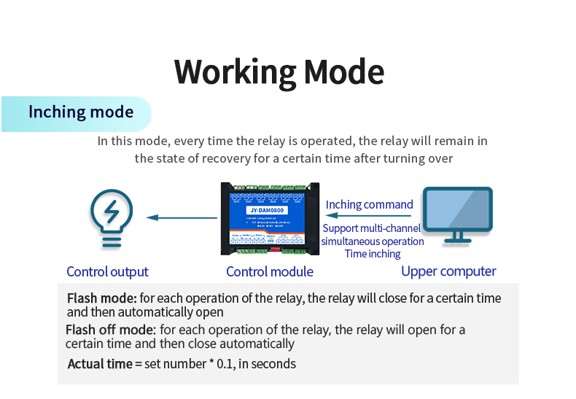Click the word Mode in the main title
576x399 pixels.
click(x=343, y=72)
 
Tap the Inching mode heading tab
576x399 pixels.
click(x=80, y=112)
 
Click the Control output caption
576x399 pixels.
click(x=107, y=272)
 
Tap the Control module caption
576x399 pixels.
click(x=270, y=272)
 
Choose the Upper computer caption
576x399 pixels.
click(x=448, y=271)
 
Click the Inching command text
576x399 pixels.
click(x=369, y=205)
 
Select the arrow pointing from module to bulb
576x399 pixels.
click(x=182, y=217)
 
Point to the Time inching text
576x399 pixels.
click(x=373, y=254)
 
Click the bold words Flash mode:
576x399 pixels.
click(x=101, y=298)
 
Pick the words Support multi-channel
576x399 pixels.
click(x=372, y=228)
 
